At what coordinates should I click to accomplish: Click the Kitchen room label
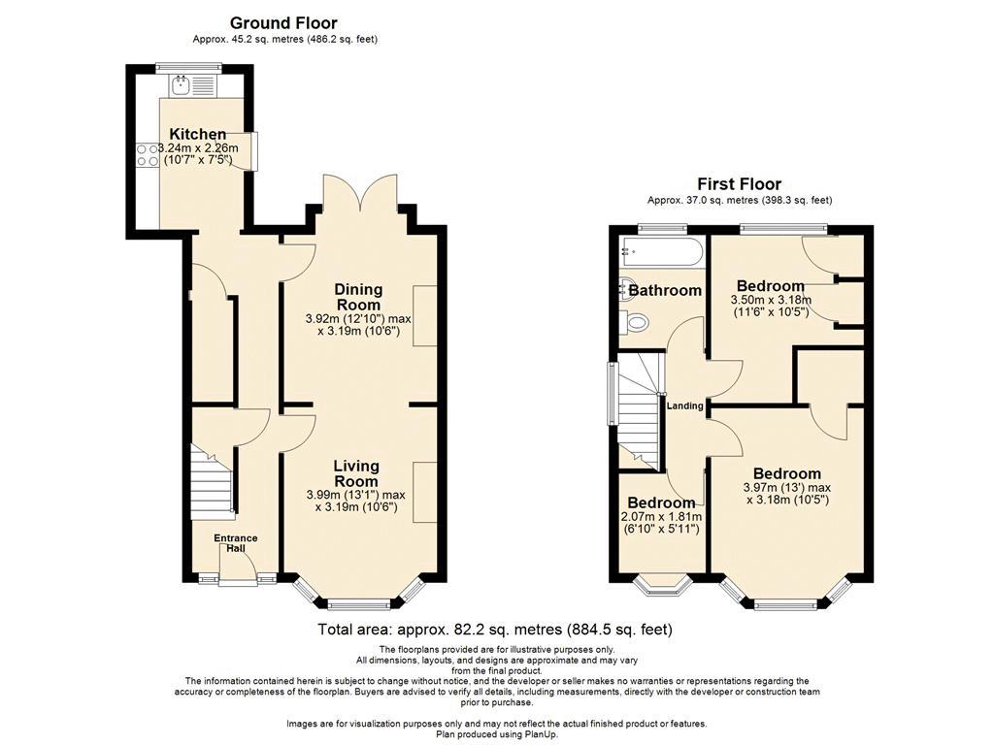198,134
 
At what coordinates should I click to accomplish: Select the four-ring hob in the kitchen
148,154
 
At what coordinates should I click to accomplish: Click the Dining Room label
358,297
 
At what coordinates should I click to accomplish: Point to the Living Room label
356,473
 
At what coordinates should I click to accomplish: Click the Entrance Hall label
236,543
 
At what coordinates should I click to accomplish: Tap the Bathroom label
665,291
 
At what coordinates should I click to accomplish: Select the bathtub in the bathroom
662,253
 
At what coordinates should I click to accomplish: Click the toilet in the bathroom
634,322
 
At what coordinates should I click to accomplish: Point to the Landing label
684,406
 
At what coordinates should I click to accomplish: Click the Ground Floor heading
283,23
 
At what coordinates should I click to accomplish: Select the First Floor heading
739,184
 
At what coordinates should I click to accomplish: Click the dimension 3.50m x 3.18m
771,301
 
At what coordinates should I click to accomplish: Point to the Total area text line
494,630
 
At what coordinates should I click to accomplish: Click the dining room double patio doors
360,193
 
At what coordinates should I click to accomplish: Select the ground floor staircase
210,481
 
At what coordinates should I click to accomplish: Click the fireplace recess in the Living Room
425,492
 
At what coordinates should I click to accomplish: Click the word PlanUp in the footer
524,734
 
